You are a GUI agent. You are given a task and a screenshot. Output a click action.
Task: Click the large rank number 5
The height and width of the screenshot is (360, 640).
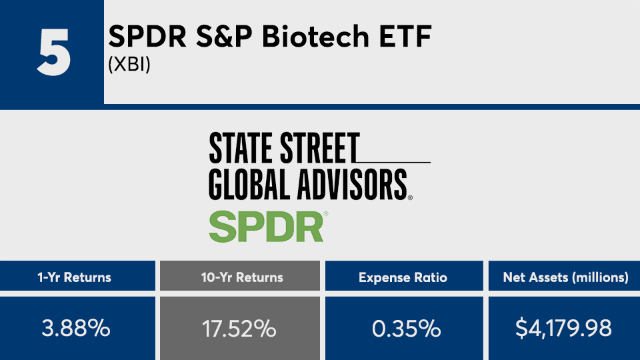coord(54,53)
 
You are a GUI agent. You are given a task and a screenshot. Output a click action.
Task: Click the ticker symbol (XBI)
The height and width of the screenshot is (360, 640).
coord(129,65)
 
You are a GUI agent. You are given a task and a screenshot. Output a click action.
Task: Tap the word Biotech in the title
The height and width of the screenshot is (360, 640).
coord(315,36)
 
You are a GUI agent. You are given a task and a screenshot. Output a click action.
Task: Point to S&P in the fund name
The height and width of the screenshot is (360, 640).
coord(225,36)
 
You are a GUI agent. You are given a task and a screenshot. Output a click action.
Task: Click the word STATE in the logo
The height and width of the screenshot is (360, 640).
coord(241,148)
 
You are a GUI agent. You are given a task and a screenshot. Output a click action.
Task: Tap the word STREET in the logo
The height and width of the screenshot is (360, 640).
coord(319,148)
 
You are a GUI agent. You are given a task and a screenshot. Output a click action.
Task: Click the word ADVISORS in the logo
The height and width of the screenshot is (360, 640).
coord(352,185)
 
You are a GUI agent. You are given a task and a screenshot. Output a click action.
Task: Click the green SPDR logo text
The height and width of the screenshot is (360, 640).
coord(267,227)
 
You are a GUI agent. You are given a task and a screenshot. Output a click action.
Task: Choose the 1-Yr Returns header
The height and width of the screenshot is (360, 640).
coord(74,277)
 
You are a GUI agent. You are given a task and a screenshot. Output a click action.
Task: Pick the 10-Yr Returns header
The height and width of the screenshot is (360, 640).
coord(242,277)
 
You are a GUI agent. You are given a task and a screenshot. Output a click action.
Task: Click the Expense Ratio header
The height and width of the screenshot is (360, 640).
coord(403,277)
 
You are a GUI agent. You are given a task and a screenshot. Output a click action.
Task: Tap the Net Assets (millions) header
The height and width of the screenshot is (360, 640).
coord(566,277)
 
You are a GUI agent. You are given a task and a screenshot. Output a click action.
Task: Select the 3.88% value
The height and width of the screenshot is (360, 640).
coord(76,328)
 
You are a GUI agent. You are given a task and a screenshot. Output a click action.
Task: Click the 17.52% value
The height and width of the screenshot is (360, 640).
coord(239,328)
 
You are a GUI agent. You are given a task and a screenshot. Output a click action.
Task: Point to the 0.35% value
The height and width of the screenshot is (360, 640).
coord(406,328)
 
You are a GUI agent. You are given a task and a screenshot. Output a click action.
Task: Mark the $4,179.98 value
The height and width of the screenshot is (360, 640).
coord(563,328)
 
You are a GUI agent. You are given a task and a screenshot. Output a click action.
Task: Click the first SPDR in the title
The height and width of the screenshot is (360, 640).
coord(147,36)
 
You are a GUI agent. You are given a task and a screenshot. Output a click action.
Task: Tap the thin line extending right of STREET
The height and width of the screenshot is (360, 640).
coord(394,163)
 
